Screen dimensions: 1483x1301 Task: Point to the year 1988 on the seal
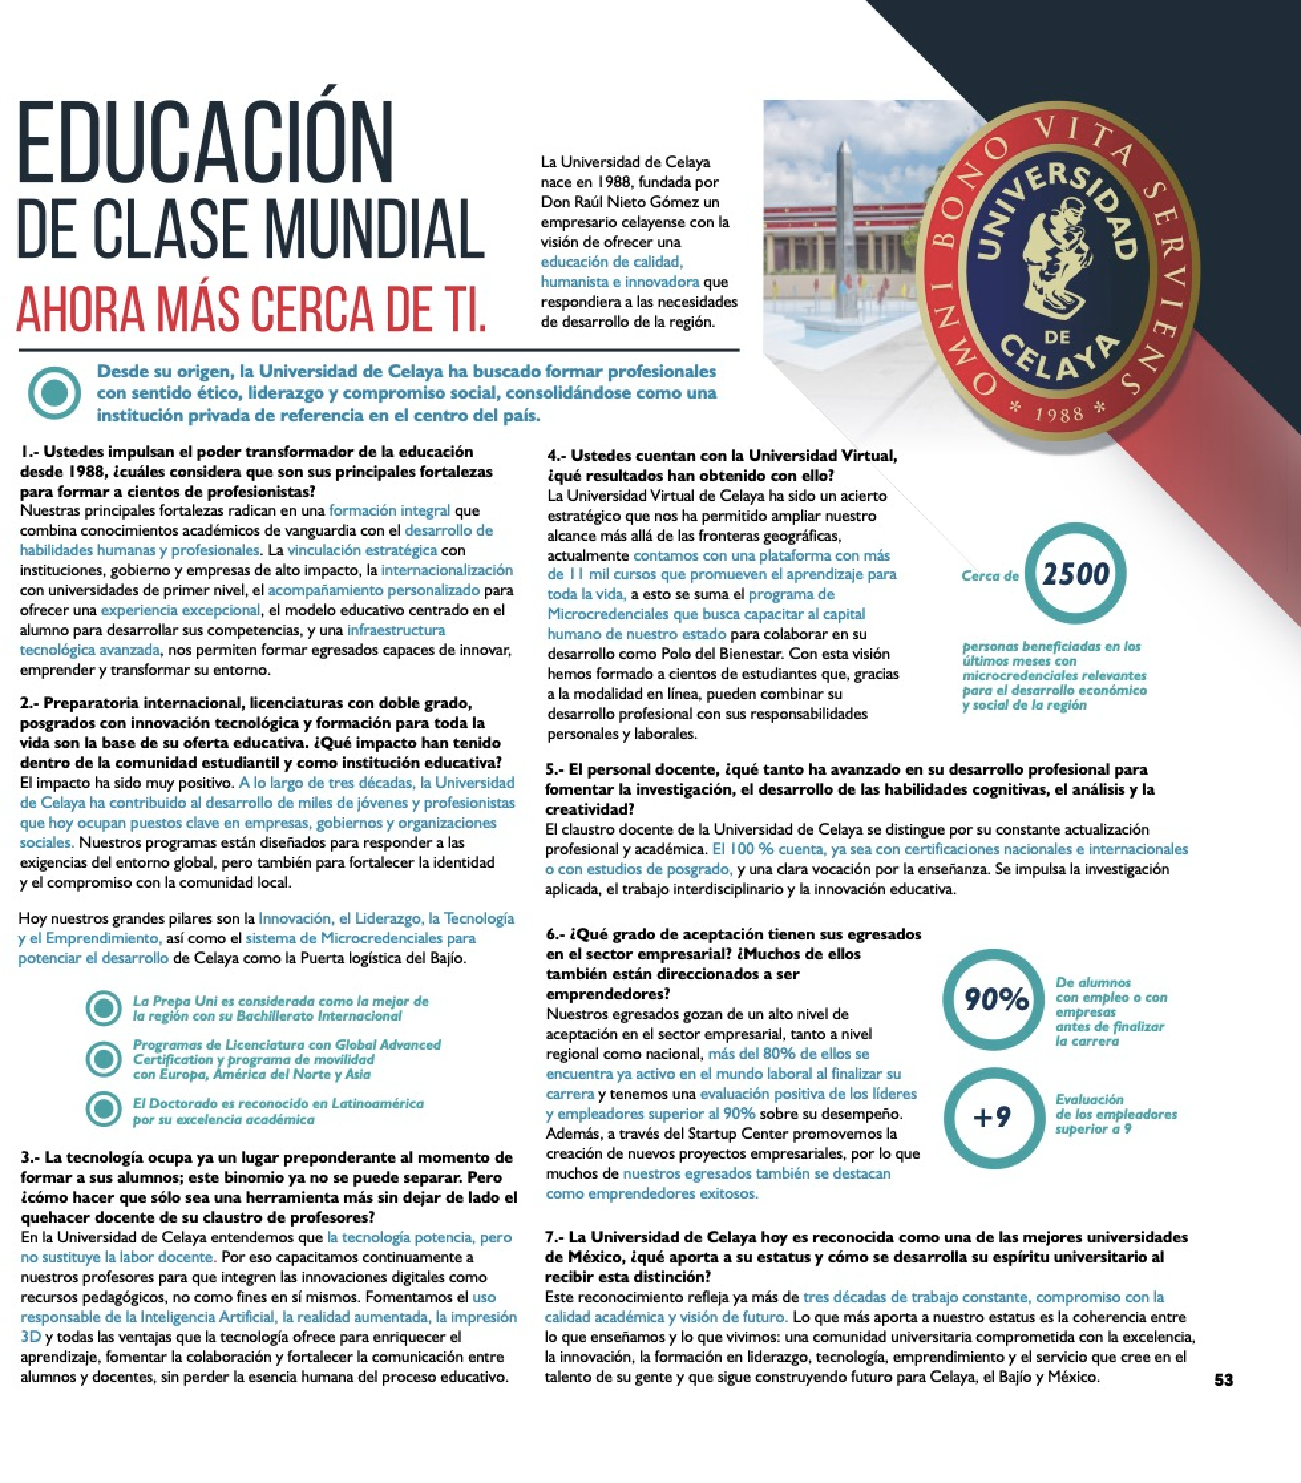1058,415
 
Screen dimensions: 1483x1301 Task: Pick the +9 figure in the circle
992,1117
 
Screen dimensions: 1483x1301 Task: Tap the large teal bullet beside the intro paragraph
54,393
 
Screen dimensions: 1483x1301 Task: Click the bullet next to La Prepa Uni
104,1008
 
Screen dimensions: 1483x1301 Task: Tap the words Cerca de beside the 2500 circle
990,576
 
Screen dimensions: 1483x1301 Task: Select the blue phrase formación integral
389,510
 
